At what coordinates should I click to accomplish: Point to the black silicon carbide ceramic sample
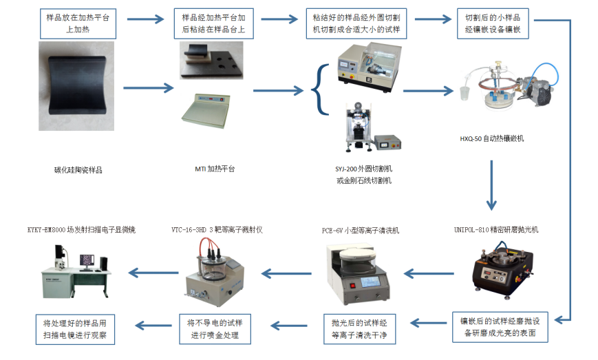point(76,86)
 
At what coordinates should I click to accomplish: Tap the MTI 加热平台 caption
point(215,169)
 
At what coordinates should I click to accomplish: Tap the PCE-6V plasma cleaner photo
point(358,274)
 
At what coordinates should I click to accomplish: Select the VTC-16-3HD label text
point(217,230)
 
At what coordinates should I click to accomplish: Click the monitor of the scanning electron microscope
point(87,260)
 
